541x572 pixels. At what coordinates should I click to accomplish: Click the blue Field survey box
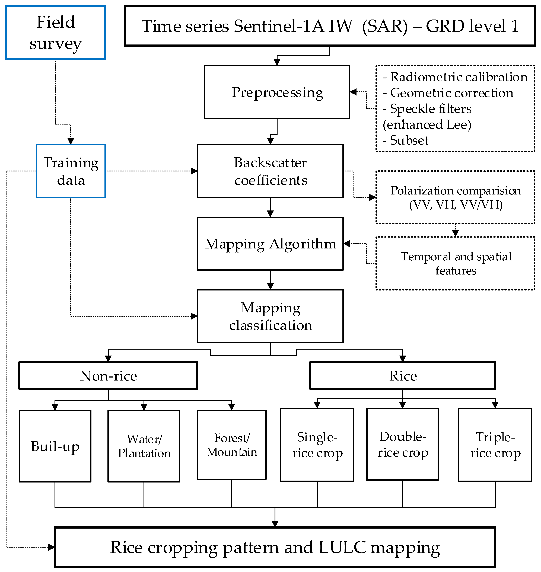56,33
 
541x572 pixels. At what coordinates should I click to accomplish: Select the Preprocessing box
277,92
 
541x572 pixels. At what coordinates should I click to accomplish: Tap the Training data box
71,171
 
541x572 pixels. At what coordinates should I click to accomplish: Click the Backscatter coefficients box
270,171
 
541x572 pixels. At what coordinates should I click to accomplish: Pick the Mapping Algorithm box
270,244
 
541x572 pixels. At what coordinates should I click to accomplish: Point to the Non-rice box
108,376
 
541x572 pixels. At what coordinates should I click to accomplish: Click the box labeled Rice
403,376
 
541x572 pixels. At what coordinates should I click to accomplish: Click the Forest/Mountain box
232,445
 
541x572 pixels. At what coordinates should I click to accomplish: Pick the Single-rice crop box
317,445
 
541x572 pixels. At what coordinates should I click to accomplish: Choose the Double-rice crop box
403,444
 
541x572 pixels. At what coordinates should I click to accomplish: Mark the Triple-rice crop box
495,445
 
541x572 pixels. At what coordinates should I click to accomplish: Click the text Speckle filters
431,109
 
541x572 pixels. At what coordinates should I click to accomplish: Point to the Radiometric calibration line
459,77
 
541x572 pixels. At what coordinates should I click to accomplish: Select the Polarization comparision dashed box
455,197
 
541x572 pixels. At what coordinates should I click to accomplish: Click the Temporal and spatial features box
455,263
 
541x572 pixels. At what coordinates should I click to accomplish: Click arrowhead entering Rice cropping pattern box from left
51,547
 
